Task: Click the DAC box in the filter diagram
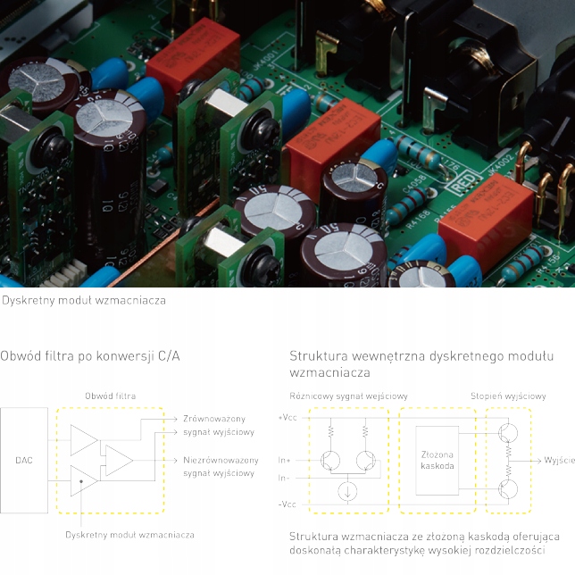coord(24,461)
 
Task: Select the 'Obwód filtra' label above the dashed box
coord(111,396)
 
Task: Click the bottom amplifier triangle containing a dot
coord(84,482)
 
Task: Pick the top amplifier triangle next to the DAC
coord(84,439)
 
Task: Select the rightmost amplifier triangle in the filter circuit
coord(118,461)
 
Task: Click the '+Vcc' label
coord(287,417)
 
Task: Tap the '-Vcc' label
coord(287,504)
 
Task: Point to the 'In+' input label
coord(285,461)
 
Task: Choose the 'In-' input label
coord(285,478)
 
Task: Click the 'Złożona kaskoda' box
coord(437,460)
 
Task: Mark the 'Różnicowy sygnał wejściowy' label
coord(349,396)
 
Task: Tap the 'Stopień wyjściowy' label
coord(509,396)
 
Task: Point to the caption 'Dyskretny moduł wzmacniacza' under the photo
coord(84,300)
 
